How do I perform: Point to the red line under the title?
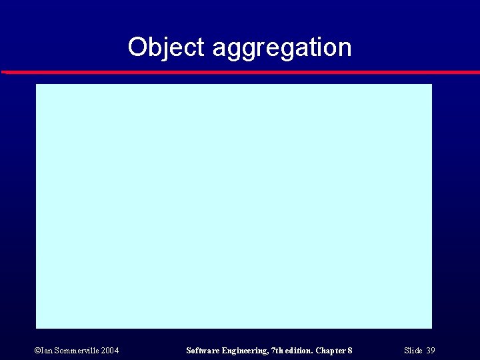pos(240,71)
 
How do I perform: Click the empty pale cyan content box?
pos(233,206)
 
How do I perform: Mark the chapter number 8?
pos(350,351)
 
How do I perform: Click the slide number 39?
pos(431,351)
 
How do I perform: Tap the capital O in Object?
pos(137,47)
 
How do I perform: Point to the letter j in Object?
pos(163,49)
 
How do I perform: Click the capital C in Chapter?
pos(319,351)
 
